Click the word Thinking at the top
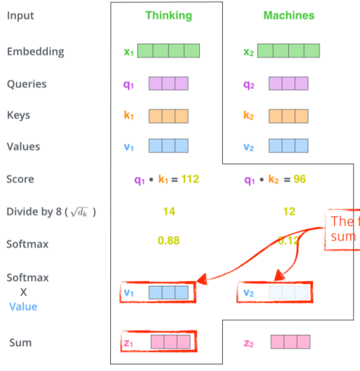169,15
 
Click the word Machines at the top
289,15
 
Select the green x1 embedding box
169,51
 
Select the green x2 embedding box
288,51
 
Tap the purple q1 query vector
169,84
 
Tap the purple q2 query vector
289,84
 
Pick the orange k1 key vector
169,116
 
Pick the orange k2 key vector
289,116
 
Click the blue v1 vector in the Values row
169,146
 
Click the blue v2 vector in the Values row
289,146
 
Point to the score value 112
190,179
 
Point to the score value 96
299,179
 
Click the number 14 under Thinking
169,211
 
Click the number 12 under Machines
289,211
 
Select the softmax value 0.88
169,241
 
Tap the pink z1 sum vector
171,342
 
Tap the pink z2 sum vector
290,342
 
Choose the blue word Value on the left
23,306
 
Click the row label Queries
27,84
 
